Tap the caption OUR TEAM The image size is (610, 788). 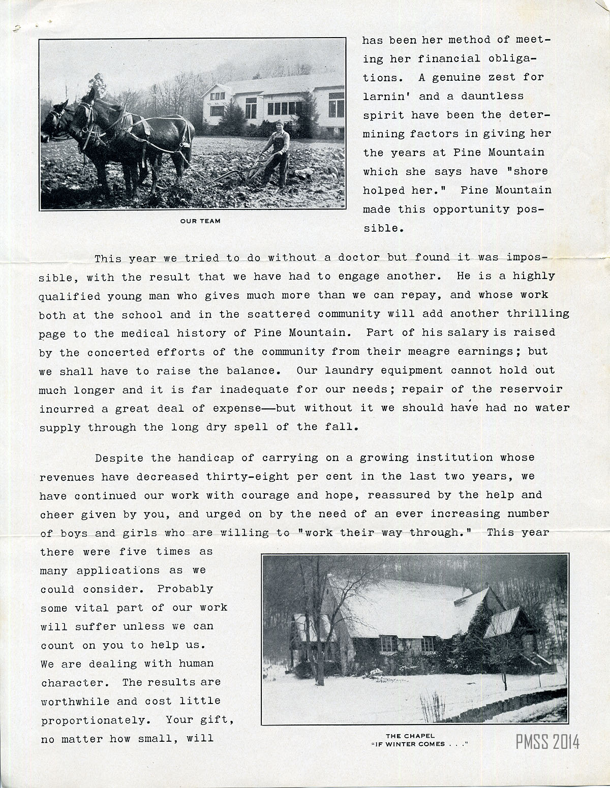click(x=200, y=221)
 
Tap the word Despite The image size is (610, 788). click(x=119, y=458)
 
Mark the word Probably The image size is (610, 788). click(x=185, y=589)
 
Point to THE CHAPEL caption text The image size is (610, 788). click(x=410, y=736)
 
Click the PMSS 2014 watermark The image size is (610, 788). click(x=547, y=742)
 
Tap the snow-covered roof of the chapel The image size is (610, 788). click(x=402, y=605)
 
